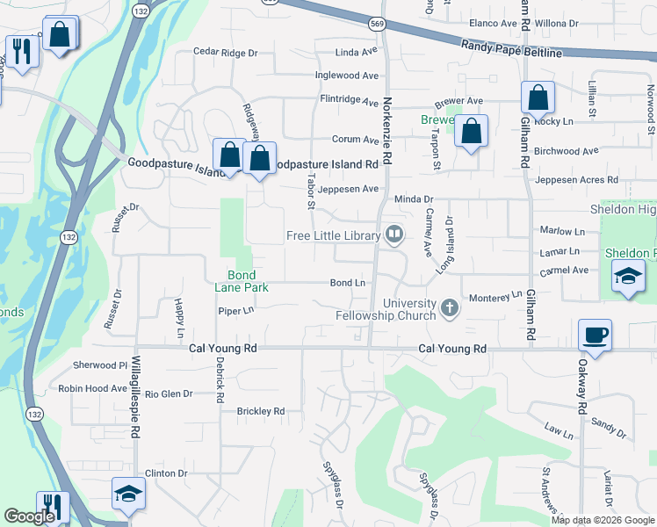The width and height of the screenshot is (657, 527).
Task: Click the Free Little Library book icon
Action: point(393,235)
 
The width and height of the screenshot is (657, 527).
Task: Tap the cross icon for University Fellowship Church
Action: point(450,307)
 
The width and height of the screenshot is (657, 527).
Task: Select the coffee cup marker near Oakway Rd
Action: point(595,335)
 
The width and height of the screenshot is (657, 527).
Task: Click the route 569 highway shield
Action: point(377,24)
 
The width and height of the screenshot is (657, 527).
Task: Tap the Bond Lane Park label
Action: point(235,281)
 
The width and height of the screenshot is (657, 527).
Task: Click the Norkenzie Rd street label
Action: point(386,128)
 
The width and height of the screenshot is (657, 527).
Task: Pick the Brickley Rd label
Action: point(261,411)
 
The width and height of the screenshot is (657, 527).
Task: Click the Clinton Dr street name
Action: point(167,473)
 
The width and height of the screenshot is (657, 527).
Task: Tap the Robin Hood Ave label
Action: point(93,388)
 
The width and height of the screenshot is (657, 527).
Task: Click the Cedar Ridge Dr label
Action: point(226,53)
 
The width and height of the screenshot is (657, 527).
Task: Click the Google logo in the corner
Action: point(29,516)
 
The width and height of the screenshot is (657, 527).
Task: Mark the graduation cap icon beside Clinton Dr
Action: point(128,494)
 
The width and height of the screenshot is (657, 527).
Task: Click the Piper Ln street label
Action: point(235,310)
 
